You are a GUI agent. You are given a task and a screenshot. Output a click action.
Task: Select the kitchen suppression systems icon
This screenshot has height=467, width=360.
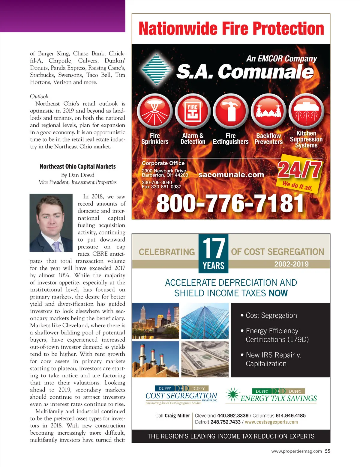(306, 111)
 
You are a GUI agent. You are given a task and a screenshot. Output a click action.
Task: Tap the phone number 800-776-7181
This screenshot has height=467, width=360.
(230, 204)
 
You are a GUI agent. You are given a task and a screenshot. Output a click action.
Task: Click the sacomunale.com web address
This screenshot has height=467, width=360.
(231, 174)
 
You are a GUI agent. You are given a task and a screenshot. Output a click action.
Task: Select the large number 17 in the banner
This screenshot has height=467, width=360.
(213, 248)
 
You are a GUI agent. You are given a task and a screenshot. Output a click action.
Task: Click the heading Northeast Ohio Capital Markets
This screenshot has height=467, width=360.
(78, 166)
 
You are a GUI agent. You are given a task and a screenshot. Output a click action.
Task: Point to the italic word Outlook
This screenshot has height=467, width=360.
(39, 96)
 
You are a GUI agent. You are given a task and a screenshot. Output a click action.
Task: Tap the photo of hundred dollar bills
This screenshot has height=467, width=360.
(205, 359)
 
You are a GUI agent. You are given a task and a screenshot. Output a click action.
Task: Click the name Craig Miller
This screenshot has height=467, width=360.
(177, 415)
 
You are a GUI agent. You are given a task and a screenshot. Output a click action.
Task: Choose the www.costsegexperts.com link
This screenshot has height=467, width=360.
(271, 422)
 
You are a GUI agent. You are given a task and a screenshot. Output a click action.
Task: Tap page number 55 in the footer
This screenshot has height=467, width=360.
(328, 451)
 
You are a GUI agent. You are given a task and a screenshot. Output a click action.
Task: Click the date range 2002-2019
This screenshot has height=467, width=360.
(291, 264)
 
